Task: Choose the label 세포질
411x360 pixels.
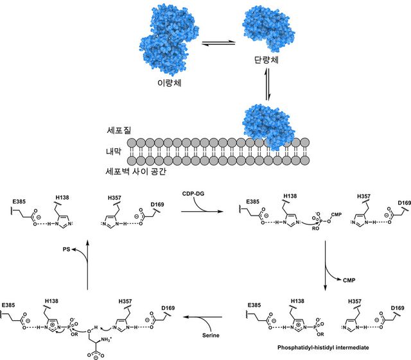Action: point(119,130)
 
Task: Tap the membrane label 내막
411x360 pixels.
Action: point(116,151)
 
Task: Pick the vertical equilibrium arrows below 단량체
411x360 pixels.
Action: point(267,86)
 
